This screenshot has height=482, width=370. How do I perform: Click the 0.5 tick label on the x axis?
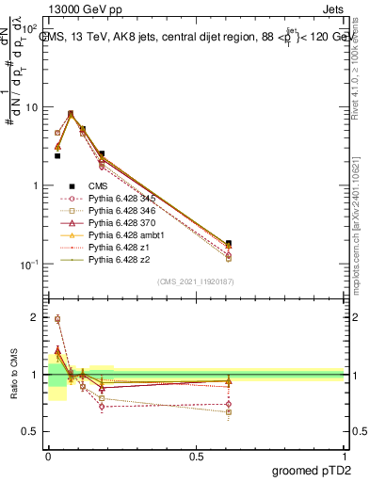[x=196, y=456]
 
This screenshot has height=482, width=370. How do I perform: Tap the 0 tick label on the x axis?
[x=47, y=456]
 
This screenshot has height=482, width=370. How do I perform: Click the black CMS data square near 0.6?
[x=229, y=244]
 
